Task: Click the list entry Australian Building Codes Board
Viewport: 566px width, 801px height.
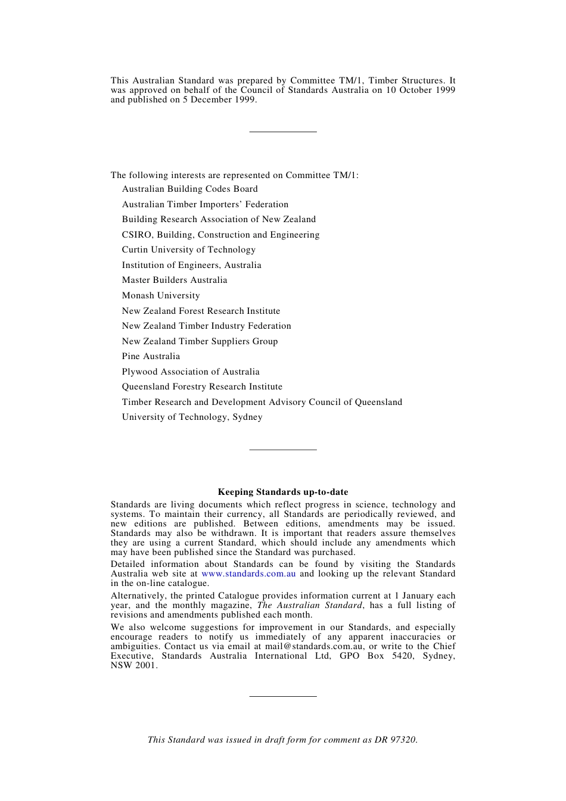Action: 189,189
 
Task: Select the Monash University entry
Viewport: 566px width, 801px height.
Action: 161,295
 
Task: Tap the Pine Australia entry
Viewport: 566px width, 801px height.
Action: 151,356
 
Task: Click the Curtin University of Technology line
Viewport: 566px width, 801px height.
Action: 188,250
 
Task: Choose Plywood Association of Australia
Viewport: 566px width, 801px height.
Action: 191,372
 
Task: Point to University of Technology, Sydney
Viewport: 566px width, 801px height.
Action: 192,417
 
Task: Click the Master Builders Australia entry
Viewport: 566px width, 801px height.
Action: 175,280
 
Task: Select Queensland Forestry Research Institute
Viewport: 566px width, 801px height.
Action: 202,387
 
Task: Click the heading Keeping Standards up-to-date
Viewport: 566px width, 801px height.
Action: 282,492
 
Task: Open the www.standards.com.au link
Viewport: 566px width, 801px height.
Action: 248,574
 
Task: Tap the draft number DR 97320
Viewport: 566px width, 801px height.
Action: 396,740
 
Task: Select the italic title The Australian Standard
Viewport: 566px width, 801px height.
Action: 309,605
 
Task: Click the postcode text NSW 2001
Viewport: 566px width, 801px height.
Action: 133,665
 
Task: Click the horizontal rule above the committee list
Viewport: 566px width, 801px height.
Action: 282,132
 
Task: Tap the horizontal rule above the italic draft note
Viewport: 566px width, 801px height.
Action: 282,696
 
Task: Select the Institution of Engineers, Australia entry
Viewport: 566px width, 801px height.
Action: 191,265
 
